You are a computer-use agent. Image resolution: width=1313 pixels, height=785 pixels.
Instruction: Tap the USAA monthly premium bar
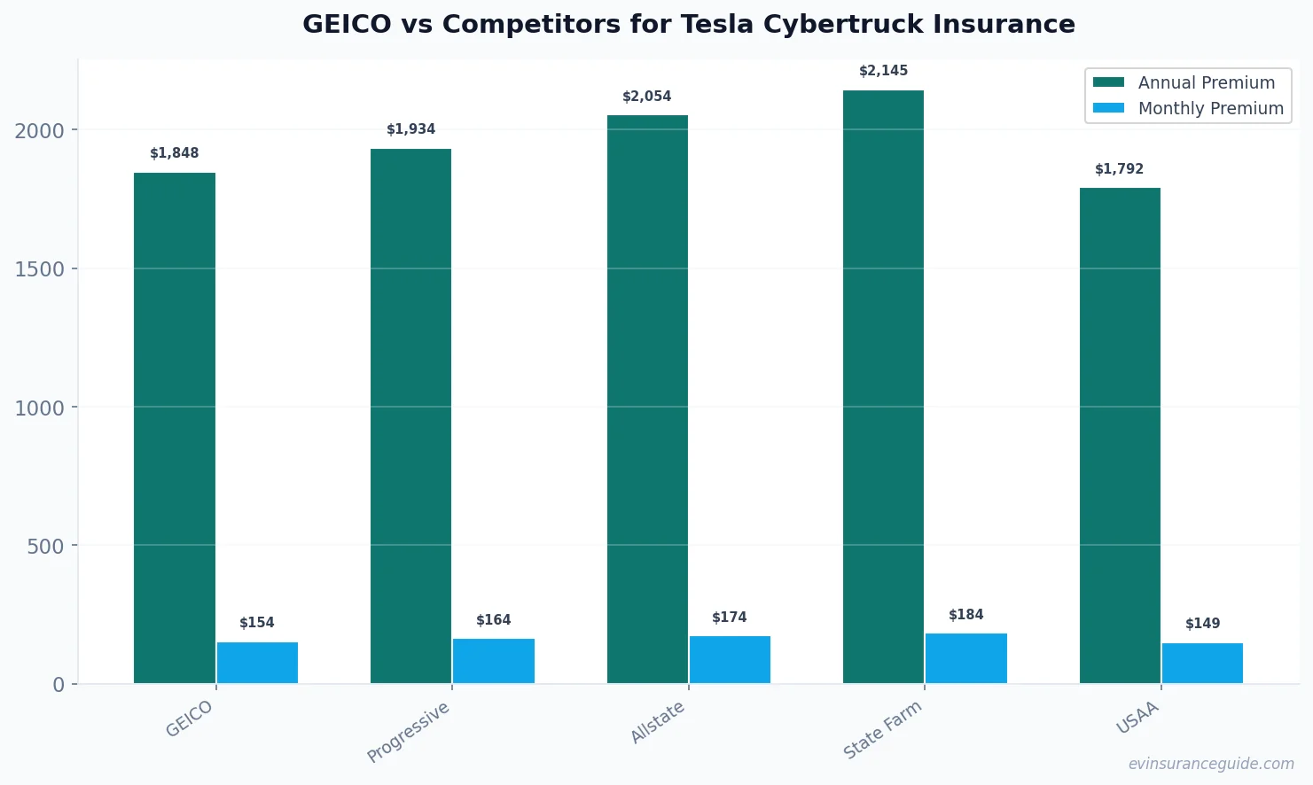tap(1202, 663)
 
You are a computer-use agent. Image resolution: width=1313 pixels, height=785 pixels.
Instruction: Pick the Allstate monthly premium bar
tap(730, 659)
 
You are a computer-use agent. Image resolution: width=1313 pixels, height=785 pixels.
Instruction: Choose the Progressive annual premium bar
tap(410, 416)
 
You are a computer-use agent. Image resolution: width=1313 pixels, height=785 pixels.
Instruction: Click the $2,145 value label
tap(883, 71)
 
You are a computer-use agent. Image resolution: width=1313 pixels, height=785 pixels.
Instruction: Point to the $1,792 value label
tap(1119, 169)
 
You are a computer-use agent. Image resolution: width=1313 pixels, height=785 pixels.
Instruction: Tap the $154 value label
tap(257, 623)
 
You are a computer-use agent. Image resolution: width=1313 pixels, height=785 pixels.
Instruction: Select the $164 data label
tap(493, 620)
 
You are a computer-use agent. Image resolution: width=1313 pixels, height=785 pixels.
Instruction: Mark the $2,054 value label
tap(646, 97)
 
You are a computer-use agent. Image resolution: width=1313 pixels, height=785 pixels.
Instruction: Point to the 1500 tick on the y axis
tap(40, 269)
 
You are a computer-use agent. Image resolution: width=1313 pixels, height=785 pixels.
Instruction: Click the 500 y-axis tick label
tap(45, 547)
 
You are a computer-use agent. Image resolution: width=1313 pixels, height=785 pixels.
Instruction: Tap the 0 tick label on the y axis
tap(59, 685)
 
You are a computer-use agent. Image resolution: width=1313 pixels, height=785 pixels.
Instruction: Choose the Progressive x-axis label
tap(409, 732)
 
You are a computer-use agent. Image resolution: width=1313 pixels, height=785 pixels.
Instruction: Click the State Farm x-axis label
tap(882, 730)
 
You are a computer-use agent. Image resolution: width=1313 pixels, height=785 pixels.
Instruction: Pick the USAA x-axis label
tap(1137, 719)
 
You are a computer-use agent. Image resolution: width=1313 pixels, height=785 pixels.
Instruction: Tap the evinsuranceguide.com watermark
tap(1211, 764)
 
